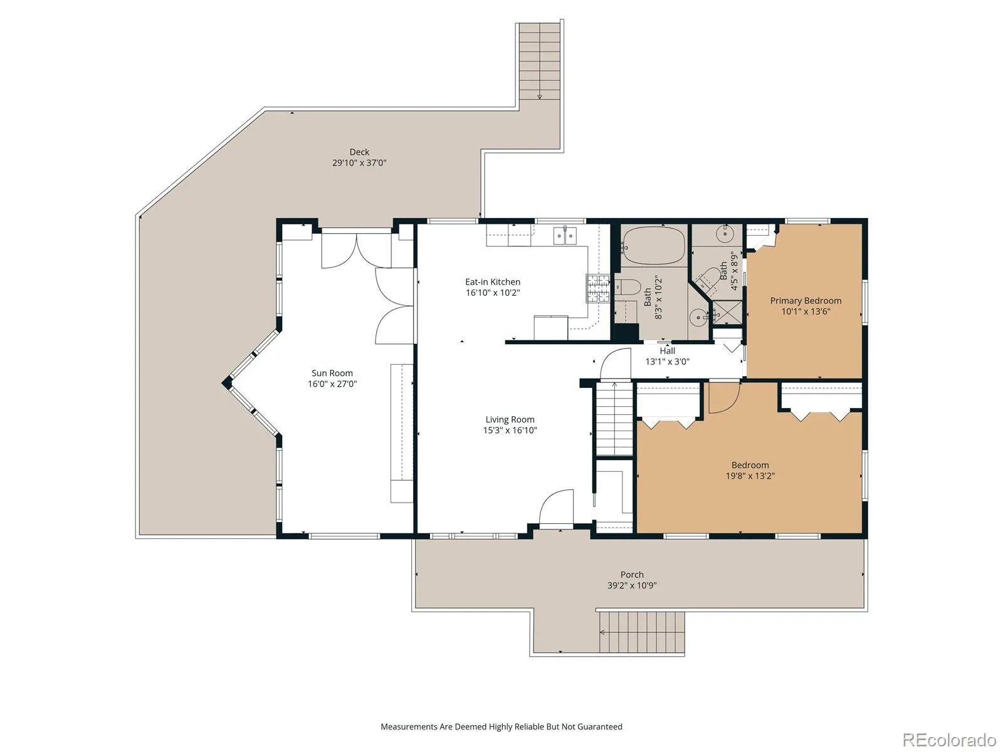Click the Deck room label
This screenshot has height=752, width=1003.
coord(359,152)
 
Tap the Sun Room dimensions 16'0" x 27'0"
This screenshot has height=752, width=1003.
coord(332,384)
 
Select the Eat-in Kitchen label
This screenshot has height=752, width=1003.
coord(493,282)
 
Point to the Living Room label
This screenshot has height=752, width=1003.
coord(510,420)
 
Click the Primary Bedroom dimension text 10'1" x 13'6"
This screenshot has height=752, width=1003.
coord(806,312)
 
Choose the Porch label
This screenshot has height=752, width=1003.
coord(632,575)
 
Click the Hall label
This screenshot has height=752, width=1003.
coord(667,351)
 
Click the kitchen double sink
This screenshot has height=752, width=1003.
coord(565,236)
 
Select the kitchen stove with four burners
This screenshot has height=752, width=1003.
coord(598,288)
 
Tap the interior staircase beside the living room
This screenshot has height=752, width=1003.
coord(614,419)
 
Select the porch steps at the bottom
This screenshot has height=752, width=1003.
coord(642,632)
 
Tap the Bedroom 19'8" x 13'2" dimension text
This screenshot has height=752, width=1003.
coord(750,476)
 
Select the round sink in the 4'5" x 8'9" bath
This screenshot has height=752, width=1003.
coord(726,233)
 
